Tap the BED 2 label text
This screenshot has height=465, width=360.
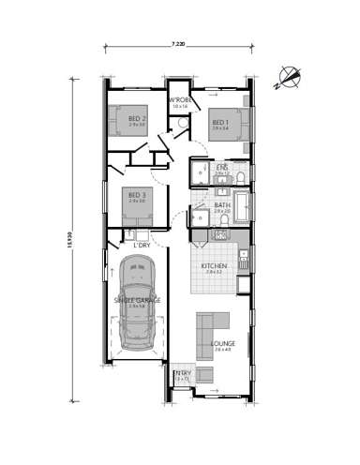[137, 119]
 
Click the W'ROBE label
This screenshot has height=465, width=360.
[180, 100]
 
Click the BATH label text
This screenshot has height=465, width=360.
[221, 205]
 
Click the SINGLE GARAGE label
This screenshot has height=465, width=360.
[137, 300]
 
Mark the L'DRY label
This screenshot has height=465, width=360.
[142, 246]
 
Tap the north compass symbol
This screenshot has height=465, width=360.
[286, 74]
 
